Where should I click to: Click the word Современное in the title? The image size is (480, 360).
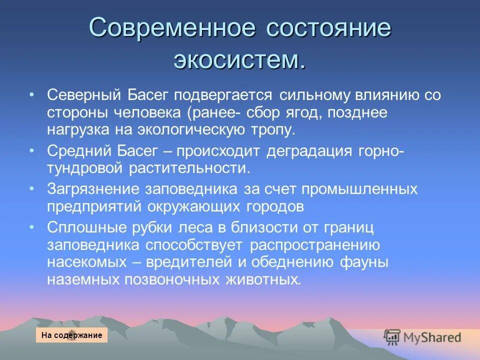click(171, 28)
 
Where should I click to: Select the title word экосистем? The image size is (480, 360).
click(239, 60)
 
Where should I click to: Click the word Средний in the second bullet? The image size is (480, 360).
click(77, 150)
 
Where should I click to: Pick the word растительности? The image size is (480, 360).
click(189, 167)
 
